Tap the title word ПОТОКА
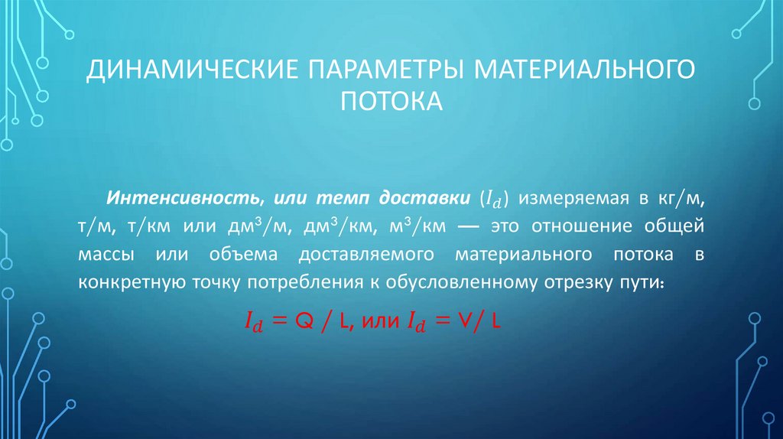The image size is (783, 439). coord(391,100)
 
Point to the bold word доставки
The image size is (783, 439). coord(432,198)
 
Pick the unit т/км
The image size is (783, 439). coord(155,226)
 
